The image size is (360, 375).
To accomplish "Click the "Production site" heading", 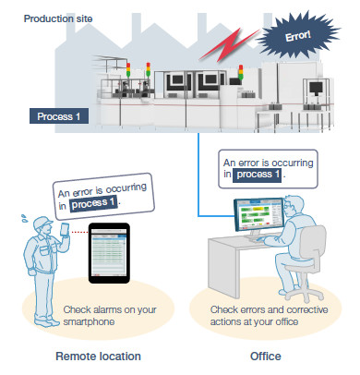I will [53, 18].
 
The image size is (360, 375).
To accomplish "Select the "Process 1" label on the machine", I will [59, 116].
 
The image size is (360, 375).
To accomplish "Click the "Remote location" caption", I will [99, 355].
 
